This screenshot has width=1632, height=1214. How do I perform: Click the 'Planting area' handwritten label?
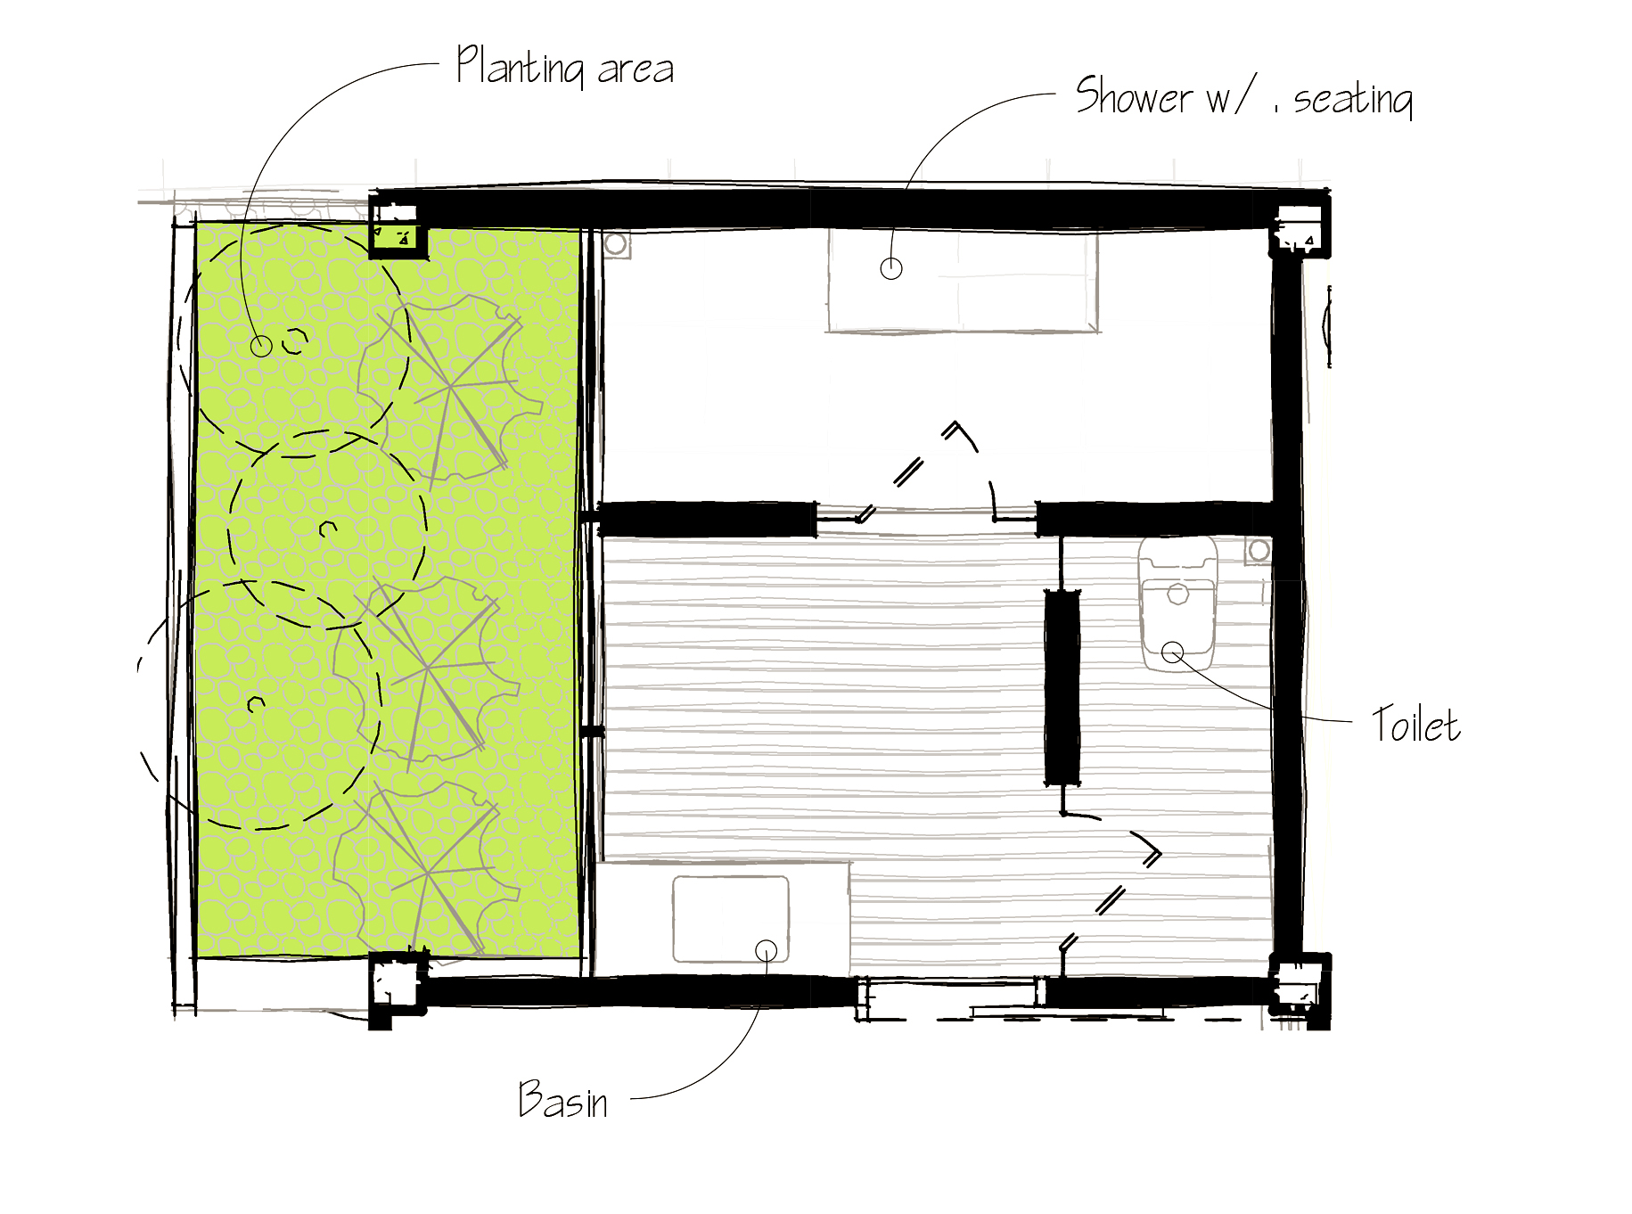tap(565, 67)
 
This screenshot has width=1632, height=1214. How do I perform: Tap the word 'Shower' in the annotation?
tap(1134, 95)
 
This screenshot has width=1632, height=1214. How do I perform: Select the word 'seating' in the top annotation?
tap(1353, 99)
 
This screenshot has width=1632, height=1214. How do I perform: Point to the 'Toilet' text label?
tap(1415, 724)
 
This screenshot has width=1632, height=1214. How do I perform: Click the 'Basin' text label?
tap(563, 1099)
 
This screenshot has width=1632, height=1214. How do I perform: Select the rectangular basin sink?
tap(731, 919)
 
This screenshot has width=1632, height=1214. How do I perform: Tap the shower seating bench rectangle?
tap(962, 280)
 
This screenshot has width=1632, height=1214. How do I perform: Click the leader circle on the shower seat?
tap(891, 268)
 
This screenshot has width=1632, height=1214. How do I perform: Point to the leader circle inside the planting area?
tap(261, 346)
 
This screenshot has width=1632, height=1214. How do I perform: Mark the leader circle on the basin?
tap(767, 951)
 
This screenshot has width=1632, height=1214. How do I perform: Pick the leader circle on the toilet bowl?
tap(1173, 653)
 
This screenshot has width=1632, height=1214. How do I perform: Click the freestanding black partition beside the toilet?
tap(1062, 686)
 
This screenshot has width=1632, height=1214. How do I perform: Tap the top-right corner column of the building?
tap(1300, 226)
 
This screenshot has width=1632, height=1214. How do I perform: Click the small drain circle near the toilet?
tap(1259, 551)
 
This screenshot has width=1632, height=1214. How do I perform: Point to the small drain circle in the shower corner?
tap(615, 243)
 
